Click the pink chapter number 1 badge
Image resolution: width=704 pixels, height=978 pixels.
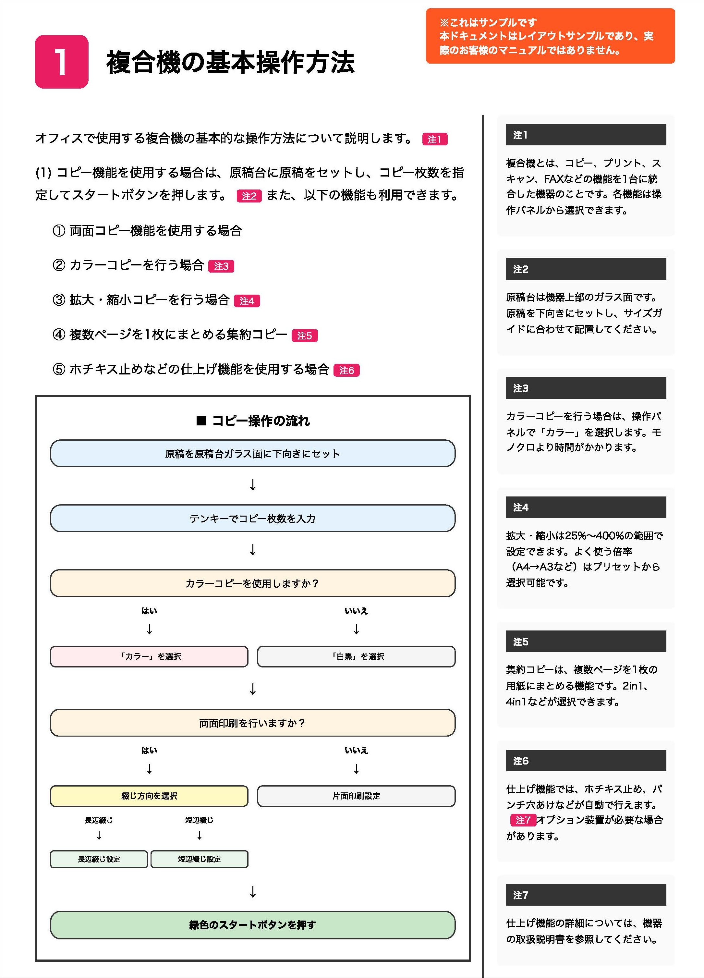62,62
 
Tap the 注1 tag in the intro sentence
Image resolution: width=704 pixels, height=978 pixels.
434,139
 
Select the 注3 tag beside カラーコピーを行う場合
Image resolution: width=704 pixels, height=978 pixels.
221,266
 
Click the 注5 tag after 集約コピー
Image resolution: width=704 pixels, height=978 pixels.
304,336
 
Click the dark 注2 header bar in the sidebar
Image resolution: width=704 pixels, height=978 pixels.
586,269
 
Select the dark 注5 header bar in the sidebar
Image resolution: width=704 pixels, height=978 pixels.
586,642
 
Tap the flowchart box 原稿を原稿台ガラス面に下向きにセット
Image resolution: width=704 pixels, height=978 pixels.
253,454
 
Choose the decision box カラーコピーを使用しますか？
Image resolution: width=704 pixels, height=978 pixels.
253,583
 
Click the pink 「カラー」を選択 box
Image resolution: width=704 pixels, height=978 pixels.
149,656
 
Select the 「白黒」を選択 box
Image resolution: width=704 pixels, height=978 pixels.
356,656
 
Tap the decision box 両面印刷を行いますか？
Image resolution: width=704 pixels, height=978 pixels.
253,723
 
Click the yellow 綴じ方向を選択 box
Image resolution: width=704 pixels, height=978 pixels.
149,796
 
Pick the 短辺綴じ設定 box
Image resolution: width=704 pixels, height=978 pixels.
199,859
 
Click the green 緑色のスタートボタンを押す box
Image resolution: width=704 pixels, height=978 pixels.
253,925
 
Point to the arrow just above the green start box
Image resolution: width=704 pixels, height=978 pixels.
253,891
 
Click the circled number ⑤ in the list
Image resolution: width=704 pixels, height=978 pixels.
59,370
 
